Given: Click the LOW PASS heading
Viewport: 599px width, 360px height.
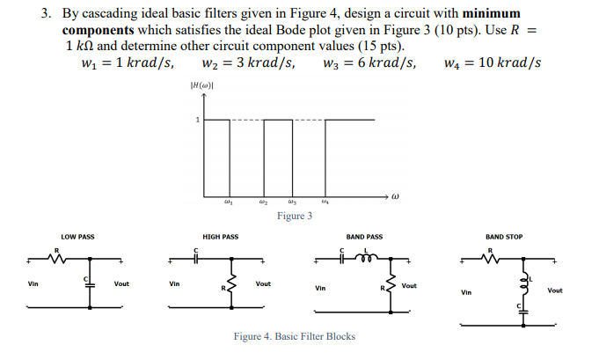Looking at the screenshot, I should (x=77, y=237).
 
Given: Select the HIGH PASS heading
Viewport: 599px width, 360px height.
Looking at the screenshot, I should (x=220, y=237).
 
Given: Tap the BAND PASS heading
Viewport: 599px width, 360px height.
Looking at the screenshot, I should (x=364, y=237).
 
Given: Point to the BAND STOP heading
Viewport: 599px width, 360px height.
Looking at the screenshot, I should (x=503, y=237).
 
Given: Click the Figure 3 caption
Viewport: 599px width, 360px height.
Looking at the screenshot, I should (x=294, y=216).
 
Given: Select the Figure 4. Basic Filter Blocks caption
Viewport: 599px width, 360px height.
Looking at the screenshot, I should (x=294, y=336).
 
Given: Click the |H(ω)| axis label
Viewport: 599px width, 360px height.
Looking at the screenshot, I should (x=198, y=84).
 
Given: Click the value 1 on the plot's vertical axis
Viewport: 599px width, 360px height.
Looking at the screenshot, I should (x=198, y=120).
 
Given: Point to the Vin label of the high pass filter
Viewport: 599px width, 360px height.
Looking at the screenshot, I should (x=174, y=283).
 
